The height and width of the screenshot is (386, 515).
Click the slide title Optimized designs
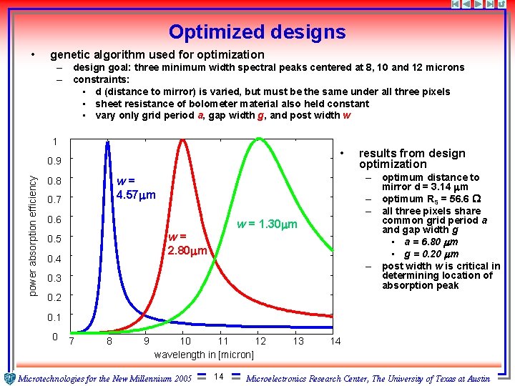(257, 32)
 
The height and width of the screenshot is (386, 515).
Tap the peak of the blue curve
(107, 142)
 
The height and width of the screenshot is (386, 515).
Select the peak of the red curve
(183, 140)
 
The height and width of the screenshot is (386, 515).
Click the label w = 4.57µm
(136, 188)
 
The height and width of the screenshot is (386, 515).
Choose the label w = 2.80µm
(187, 244)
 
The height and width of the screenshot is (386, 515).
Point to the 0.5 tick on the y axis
(54, 239)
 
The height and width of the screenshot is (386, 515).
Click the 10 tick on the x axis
(185, 342)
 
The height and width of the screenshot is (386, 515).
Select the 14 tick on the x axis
(335, 342)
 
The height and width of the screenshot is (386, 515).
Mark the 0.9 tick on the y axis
(54, 161)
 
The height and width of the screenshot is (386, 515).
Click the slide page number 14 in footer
(220, 377)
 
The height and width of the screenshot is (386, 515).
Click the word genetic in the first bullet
(70, 54)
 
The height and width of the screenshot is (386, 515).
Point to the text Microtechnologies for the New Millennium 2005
(104, 377)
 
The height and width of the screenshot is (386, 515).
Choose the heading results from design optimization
(411, 159)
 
